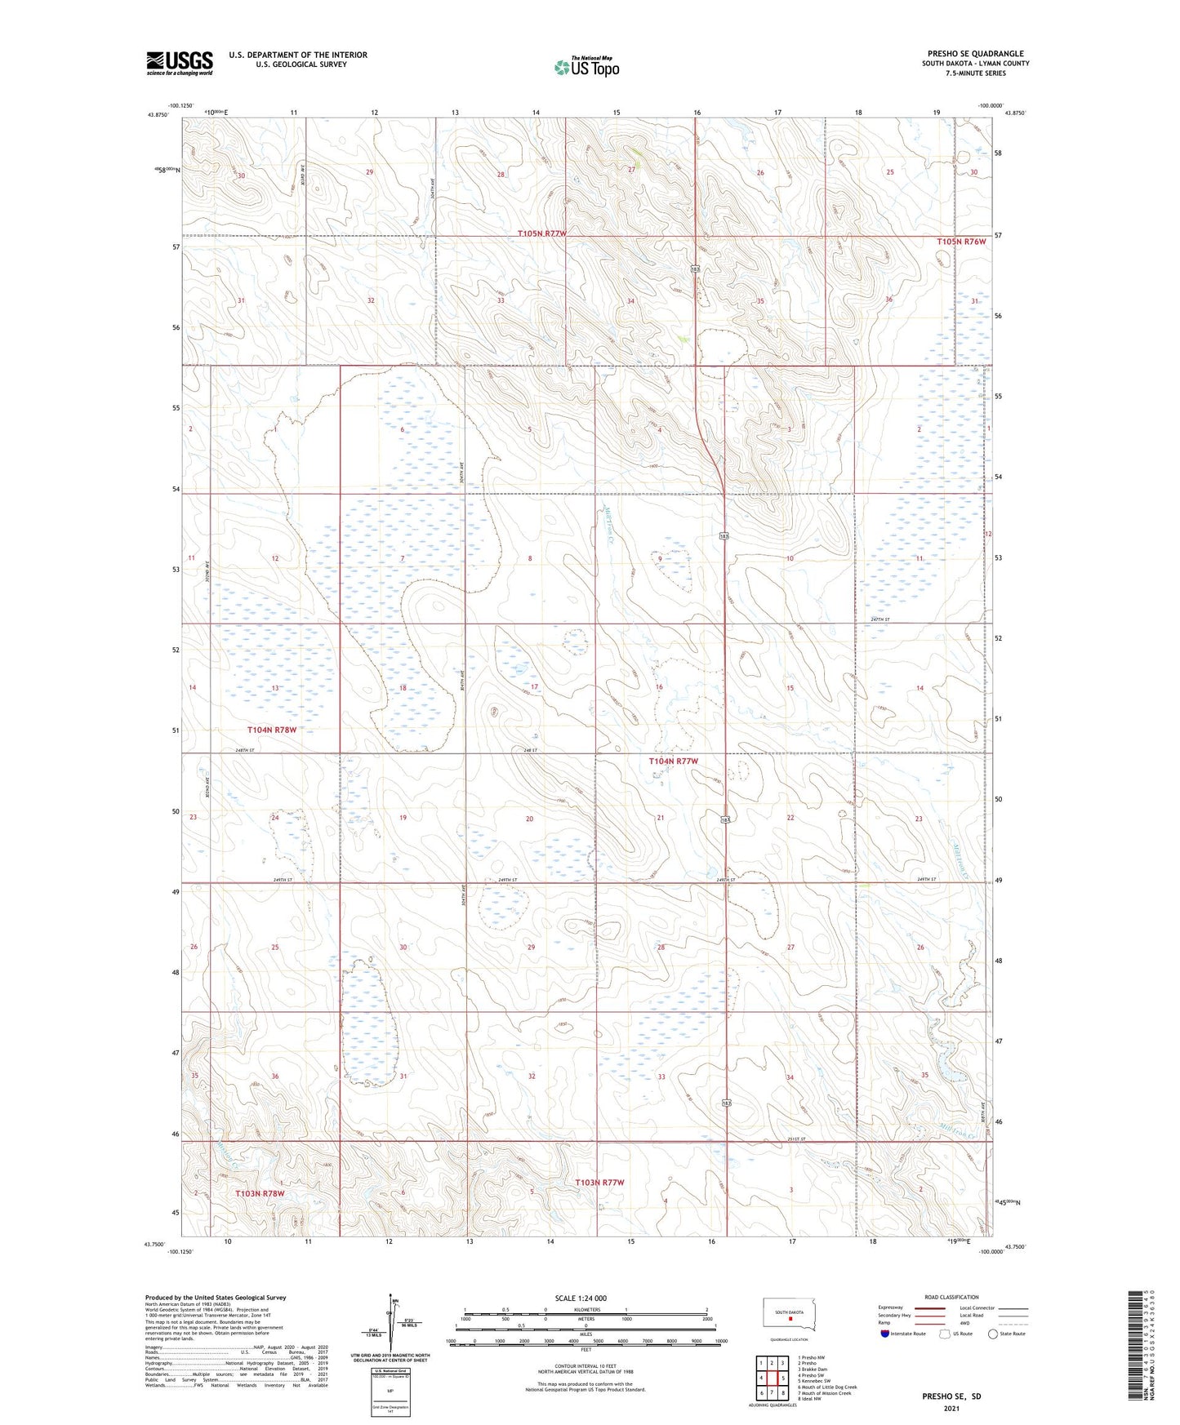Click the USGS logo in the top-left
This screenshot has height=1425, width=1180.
[179, 62]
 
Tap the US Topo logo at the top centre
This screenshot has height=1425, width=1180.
[586, 67]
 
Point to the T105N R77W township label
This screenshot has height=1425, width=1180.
[541, 233]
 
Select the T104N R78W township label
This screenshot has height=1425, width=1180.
[272, 730]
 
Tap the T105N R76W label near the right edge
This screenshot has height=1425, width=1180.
[961, 242]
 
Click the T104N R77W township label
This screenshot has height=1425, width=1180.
[674, 761]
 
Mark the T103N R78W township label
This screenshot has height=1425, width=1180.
[260, 1193]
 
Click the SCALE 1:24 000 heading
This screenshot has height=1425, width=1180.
[581, 1298]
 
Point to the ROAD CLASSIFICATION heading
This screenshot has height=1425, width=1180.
[951, 1297]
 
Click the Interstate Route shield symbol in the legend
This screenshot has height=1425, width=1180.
[885, 1334]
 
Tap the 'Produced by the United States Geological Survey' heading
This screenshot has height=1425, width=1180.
[216, 1297]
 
